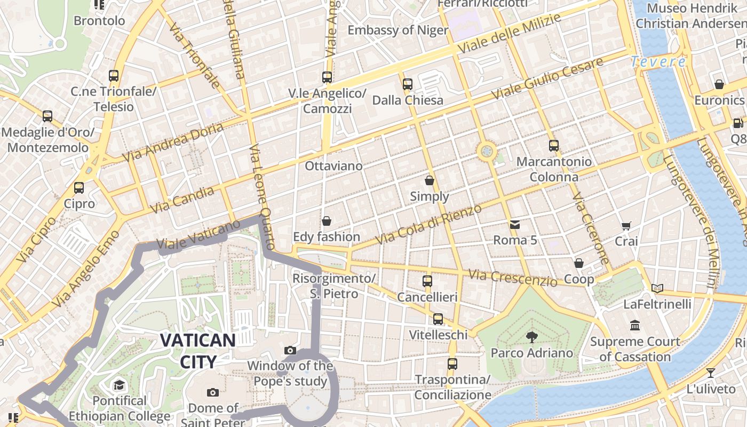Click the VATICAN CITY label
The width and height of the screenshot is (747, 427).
pyautogui.click(x=197, y=350)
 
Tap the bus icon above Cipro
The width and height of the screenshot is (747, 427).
pyautogui.click(x=79, y=188)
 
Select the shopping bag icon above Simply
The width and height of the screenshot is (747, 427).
pyautogui.click(x=430, y=180)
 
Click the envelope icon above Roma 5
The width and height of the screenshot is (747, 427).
pyautogui.click(x=515, y=224)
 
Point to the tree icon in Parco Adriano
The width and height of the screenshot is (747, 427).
pyautogui.click(x=531, y=337)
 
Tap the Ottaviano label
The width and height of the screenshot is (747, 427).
pyautogui.click(x=333, y=166)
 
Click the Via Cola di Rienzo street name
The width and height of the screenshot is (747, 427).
pyautogui.click(x=428, y=224)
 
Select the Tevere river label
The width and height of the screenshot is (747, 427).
pyautogui.click(x=658, y=61)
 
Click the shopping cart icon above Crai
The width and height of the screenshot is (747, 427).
pyautogui.click(x=626, y=226)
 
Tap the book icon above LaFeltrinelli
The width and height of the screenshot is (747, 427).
pyautogui.click(x=657, y=289)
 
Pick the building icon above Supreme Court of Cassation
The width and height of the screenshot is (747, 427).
pyautogui.click(x=635, y=325)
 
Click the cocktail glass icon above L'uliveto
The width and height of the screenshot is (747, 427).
pyautogui.click(x=711, y=373)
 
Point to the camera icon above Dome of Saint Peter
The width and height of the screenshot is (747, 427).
pyautogui.click(x=213, y=393)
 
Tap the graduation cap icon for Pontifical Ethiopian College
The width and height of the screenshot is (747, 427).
pyautogui.click(x=119, y=385)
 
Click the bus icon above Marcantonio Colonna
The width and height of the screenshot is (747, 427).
pyautogui.click(x=554, y=145)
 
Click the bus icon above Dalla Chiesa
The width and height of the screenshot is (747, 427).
pyautogui.click(x=408, y=84)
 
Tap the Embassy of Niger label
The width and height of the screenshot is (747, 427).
pyautogui.click(x=398, y=30)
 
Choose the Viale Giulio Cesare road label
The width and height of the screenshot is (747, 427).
pyautogui.click(x=547, y=78)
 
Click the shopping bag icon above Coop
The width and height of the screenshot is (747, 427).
pyautogui.click(x=579, y=263)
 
